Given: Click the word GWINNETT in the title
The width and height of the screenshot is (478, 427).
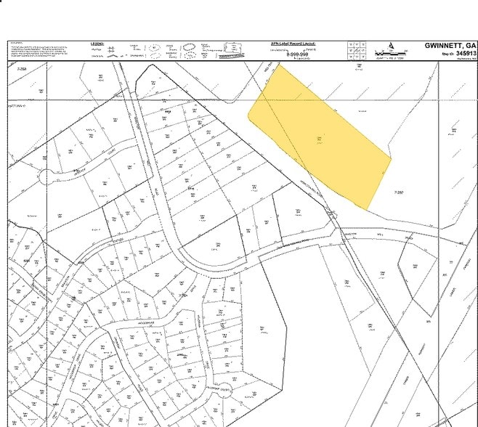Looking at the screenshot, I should click(x=445, y=45).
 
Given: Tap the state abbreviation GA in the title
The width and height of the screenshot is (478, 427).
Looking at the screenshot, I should click(x=471, y=45).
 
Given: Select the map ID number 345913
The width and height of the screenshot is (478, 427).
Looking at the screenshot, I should click(x=463, y=53).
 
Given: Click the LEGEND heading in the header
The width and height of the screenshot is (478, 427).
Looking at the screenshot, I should click(x=97, y=44).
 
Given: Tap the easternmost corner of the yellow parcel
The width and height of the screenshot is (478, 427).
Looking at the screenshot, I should click(x=392, y=158).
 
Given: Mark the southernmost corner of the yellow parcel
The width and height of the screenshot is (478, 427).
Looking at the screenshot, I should click(x=367, y=209).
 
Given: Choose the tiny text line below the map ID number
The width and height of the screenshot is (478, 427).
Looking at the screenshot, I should click(x=463, y=60).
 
